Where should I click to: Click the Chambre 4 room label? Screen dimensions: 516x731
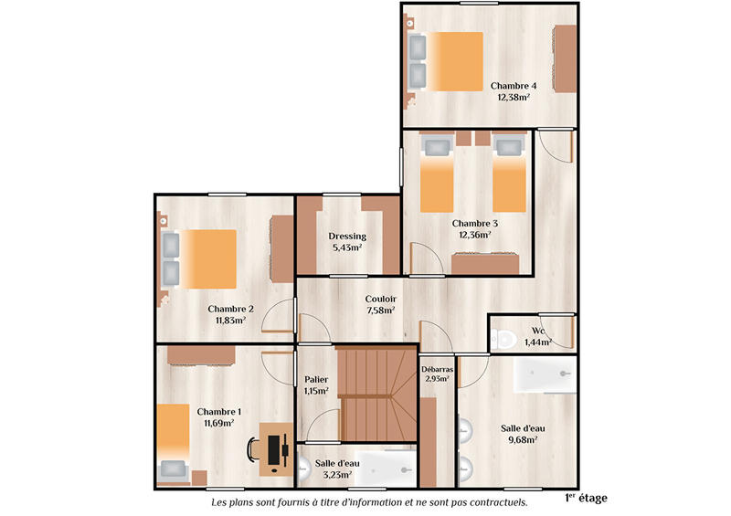[513, 86]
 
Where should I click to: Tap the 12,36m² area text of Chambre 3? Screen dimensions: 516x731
[474, 234]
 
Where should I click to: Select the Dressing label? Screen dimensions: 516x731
[347, 237]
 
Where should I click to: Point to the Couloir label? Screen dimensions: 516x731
[380, 299]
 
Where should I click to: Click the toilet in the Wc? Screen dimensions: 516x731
[502, 340]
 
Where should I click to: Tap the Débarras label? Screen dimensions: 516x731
[435, 369]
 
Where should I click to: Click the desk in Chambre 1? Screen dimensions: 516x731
[276, 448]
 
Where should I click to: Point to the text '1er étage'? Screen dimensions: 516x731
[586, 498]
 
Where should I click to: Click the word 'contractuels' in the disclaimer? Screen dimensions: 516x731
[496, 502]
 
